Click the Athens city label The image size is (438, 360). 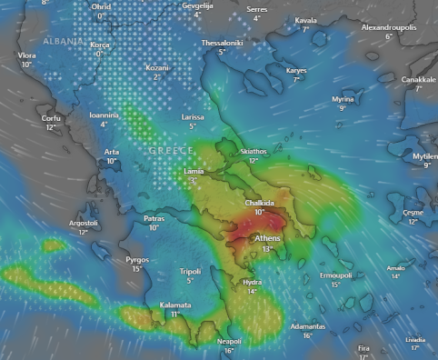(x=268, y=238)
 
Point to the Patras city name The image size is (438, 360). (x=154, y=218)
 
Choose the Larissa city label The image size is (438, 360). (x=193, y=117)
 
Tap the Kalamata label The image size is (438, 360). (x=174, y=305)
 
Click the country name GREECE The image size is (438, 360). (x=170, y=150)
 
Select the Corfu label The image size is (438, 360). (x=52, y=118)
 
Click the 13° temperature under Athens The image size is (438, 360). (x=267, y=248)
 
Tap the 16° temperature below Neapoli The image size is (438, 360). (x=229, y=350)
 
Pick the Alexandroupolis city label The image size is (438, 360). (x=389, y=27)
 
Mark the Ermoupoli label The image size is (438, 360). (x=335, y=275)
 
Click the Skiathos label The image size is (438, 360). (x=254, y=151)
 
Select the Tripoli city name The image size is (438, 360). (x=190, y=271)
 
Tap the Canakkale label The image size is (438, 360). (x=419, y=79)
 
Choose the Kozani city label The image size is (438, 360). (x=157, y=68)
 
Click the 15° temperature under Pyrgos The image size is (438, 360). (x=136, y=269)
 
